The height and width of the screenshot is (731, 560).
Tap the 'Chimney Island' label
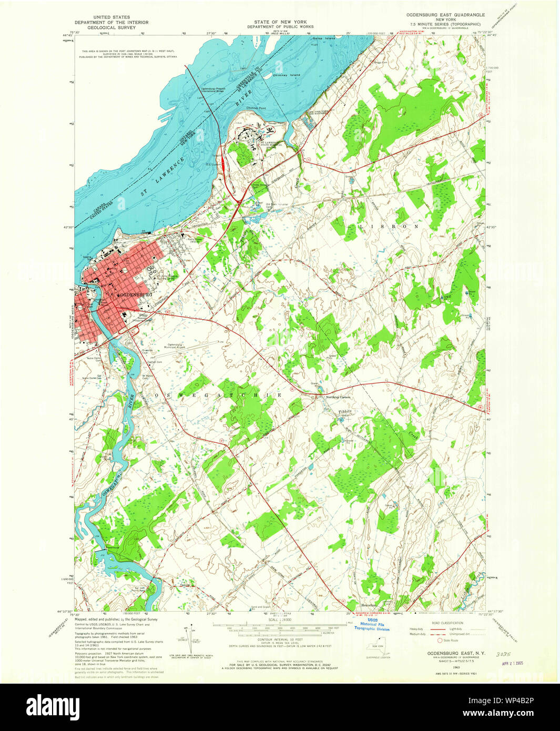click(x=287, y=75)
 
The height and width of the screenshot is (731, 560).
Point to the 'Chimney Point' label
click(x=256, y=108)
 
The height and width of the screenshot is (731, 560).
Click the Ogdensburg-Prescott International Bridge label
click(x=212, y=89)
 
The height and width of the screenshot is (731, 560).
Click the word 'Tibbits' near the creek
click(x=344, y=411)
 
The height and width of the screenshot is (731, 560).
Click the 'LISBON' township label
click(x=390, y=226)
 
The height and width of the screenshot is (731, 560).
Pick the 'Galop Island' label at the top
click(x=323, y=38)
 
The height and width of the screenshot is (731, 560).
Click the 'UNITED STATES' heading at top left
click(x=111, y=17)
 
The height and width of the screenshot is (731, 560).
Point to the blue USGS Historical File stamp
click(x=372, y=626)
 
